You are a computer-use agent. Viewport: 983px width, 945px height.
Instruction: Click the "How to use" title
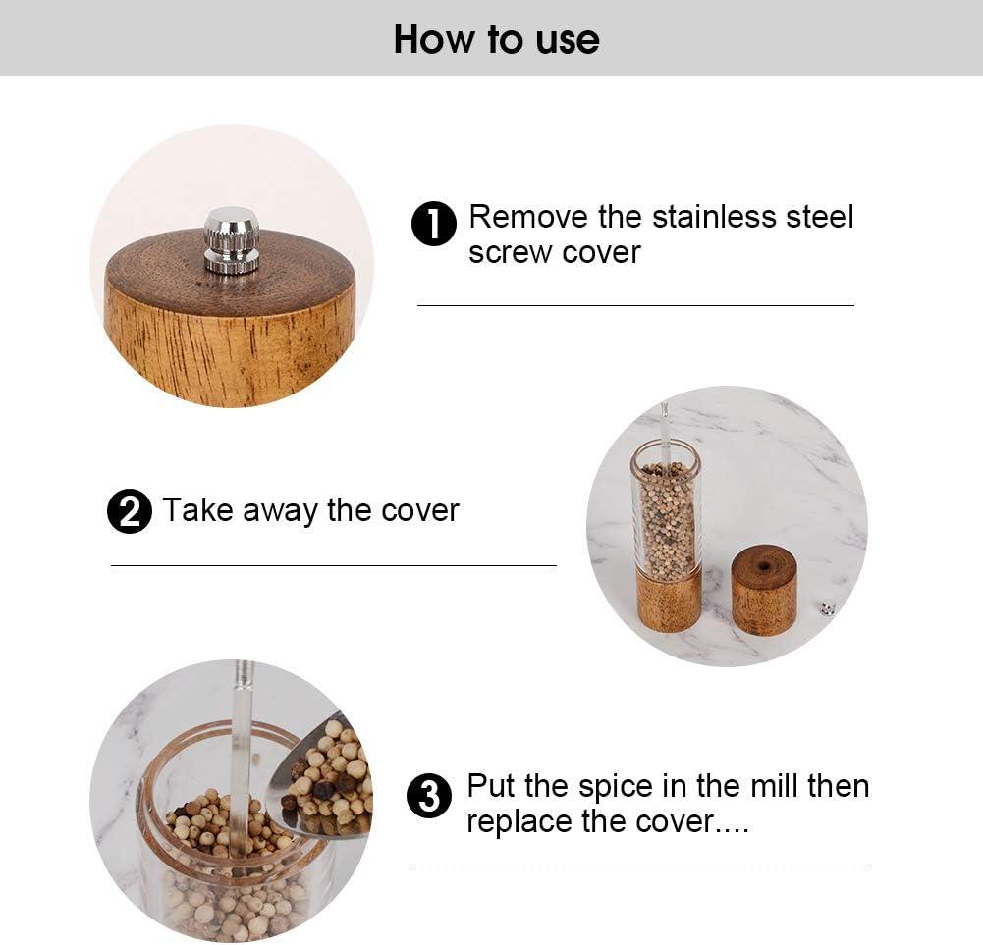click(x=496, y=39)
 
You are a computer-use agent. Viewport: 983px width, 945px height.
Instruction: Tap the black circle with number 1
click(x=433, y=225)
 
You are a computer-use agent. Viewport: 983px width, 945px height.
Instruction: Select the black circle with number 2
click(x=130, y=512)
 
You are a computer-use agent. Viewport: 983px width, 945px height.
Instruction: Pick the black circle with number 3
click(x=429, y=796)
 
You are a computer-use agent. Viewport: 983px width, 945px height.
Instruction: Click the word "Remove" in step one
click(x=527, y=217)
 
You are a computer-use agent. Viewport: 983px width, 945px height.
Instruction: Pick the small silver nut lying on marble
click(x=827, y=608)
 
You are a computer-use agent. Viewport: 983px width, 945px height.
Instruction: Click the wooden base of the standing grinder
click(x=669, y=599)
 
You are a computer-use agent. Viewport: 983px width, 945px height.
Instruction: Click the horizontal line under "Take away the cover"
click(x=333, y=566)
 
